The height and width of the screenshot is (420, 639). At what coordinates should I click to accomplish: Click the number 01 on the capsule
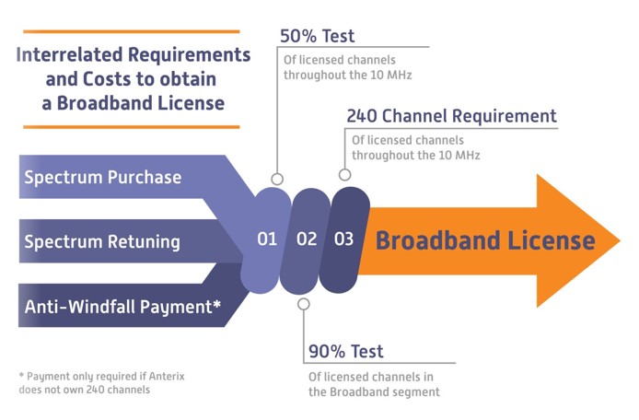click(x=267, y=239)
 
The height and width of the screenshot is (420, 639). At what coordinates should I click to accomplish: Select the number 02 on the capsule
click(x=307, y=239)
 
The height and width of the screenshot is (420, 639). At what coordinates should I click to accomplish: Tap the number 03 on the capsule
click(x=343, y=239)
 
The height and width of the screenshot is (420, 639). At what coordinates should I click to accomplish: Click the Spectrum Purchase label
click(x=102, y=177)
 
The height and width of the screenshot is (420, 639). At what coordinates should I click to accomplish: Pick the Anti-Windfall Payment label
click(x=122, y=308)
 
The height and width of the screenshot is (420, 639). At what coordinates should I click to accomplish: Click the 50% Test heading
click(x=317, y=37)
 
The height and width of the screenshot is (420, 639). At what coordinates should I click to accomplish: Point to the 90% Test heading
click(x=346, y=351)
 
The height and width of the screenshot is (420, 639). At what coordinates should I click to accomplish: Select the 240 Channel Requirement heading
click(x=451, y=117)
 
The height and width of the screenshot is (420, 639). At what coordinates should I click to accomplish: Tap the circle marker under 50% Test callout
click(x=277, y=179)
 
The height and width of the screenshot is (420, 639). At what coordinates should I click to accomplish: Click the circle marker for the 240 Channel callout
click(x=345, y=174)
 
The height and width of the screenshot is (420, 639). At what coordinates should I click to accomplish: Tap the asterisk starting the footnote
click(x=21, y=376)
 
